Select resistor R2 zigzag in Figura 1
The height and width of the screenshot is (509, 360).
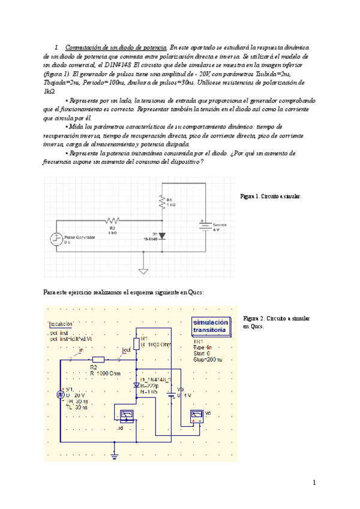point(112,220)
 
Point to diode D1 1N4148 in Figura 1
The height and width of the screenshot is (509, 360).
point(161,235)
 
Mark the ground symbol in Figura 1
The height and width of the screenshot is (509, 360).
point(143,271)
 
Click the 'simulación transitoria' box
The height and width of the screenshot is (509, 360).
point(210,326)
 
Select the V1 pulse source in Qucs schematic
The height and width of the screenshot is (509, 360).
point(61,394)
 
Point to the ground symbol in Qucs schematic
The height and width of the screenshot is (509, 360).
point(114,457)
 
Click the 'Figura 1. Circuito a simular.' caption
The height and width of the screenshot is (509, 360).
point(271,196)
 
